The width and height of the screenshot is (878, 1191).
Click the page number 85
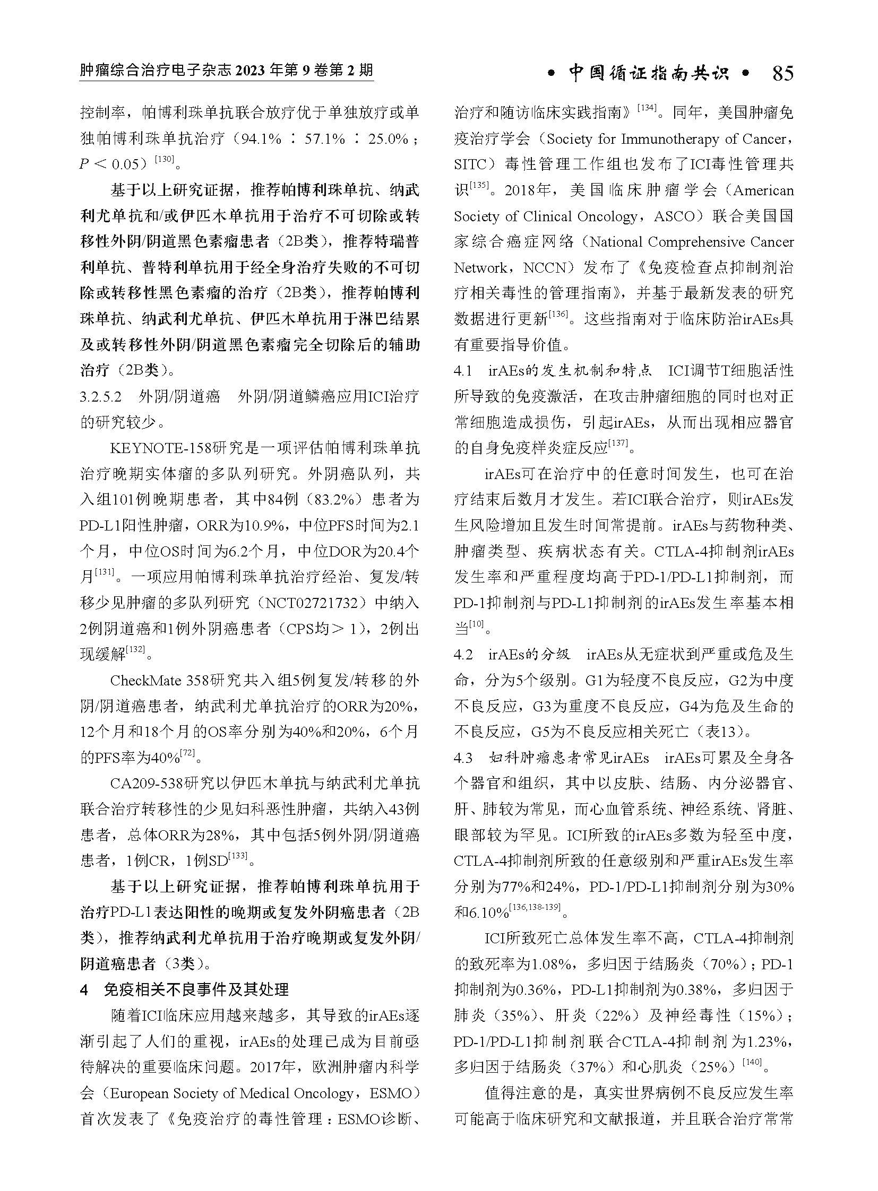(782, 73)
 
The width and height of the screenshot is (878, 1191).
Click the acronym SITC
(468, 164)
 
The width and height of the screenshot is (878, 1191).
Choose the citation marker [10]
(477, 625)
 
